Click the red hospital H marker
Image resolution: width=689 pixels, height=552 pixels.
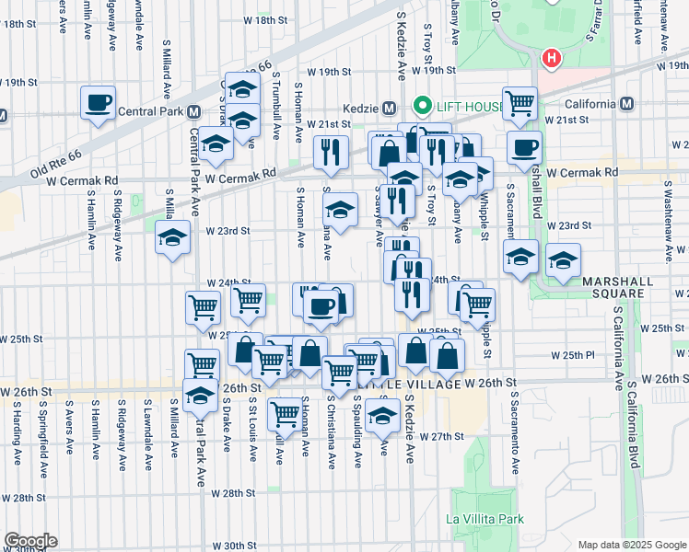pyautogui.click(x=552, y=60)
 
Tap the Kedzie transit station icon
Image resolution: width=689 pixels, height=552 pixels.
pyautogui.click(x=389, y=107)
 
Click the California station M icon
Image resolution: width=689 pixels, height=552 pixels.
pyautogui.click(x=626, y=103)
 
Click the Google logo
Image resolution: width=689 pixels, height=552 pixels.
pyautogui.click(x=29, y=541)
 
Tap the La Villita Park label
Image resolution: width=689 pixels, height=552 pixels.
pyautogui.click(x=485, y=519)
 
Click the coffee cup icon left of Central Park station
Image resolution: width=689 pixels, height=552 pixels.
pyautogui.click(x=98, y=103)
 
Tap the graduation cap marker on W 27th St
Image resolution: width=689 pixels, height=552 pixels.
pyautogui.click(x=382, y=416)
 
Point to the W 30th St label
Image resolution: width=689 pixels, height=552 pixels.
pyautogui.click(x=231, y=545)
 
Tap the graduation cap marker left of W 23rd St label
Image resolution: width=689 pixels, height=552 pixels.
pyautogui.click(x=172, y=238)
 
